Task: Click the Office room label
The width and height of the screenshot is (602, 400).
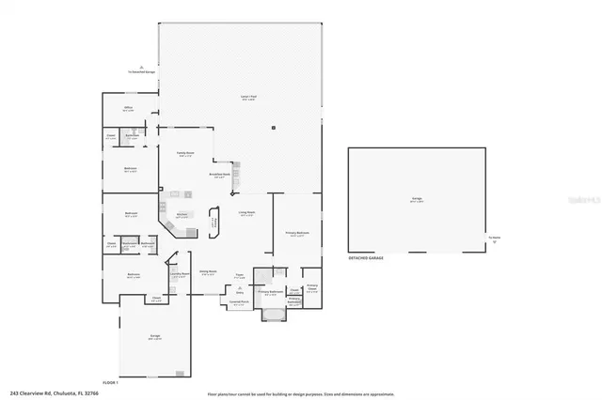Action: (129, 109)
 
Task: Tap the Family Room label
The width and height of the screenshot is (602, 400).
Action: (185, 154)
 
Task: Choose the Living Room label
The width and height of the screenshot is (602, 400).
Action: (247, 213)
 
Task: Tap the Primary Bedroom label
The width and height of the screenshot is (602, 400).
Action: (297, 233)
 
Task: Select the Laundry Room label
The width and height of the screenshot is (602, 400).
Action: (178, 275)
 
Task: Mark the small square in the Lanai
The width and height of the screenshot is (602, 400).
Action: (274, 128)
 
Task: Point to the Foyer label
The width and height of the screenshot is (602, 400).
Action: (240, 276)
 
